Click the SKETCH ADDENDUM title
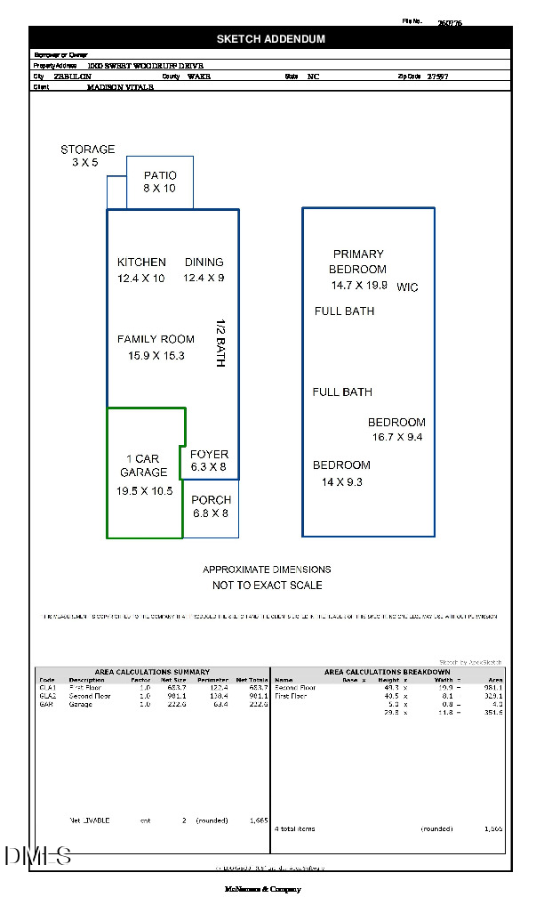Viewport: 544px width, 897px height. pos(271,39)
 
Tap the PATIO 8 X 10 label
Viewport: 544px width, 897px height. pos(160,182)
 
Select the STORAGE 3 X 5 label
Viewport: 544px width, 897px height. pos(87,156)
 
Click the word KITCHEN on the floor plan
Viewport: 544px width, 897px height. pos(141,263)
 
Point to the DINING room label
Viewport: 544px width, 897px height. pos(204,263)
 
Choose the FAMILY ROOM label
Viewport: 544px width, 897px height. pos(156,339)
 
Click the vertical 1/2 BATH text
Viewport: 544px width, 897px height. pos(222,343)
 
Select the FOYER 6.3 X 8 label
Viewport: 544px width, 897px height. pos(209,460)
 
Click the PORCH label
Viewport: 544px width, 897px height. pos(211,500)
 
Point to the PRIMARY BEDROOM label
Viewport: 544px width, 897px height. pos(357,262)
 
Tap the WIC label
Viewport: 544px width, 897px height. pos(407,287)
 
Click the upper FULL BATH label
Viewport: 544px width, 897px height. pos(344,311)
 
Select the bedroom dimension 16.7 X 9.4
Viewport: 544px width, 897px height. pos(397,437)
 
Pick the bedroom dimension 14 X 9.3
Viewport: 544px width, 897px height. pos(342,482)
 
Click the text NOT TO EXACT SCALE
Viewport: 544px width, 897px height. pos(267,586)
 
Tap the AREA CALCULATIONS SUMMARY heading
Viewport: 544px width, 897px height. pos(152,672)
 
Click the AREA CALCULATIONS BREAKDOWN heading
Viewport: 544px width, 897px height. pos(387,672)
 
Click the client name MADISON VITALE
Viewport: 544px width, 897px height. pos(120,87)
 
